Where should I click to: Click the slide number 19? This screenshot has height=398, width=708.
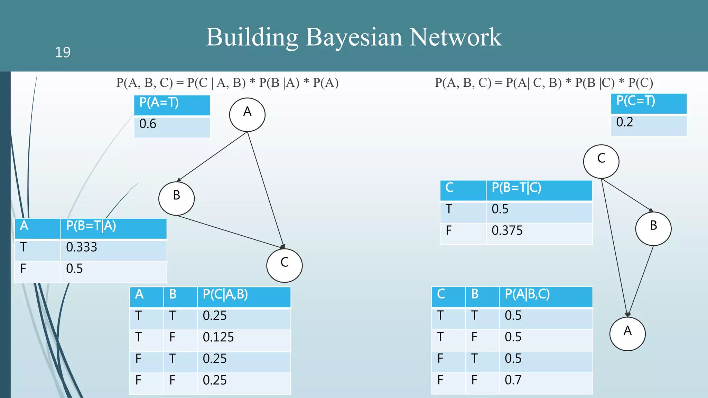pyautogui.click(x=63, y=53)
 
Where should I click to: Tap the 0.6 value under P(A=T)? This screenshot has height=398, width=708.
pyautogui.click(x=148, y=124)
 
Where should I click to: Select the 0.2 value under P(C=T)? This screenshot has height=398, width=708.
pyautogui.click(x=624, y=122)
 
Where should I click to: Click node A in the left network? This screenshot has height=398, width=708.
pyautogui.click(x=247, y=115)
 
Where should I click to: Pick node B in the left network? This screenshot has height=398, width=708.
pyautogui.click(x=176, y=198)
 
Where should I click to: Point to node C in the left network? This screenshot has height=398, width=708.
pyautogui.click(x=284, y=265)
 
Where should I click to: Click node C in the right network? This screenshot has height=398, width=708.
pyautogui.click(x=601, y=161)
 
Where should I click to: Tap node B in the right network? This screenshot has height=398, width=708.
pyautogui.click(x=653, y=228)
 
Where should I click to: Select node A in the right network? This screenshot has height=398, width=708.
pyautogui.click(x=627, y=334)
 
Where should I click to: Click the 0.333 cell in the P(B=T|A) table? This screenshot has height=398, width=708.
pyautogui.click(x=82, y=247)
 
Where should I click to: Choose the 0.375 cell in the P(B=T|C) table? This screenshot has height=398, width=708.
pyautogui.click(x=507, y=230)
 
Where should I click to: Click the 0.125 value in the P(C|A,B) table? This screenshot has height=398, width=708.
pyautogui.click(x=218, y=337)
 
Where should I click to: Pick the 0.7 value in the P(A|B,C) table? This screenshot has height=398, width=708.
pyautogui.click(x=513, y=380)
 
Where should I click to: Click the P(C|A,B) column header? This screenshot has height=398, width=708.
pyautogui.click(x=225, y=294)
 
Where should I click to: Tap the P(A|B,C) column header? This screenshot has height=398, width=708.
pyautogui.click(x=527, y=294)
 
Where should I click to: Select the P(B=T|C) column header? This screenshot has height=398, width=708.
pyautogui.click(x=516, y=188)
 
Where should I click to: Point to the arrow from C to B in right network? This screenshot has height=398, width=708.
pyautogui.click(x=627, y=195)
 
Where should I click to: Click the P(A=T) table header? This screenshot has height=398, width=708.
pyautogui.click(x=159, y=103)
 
